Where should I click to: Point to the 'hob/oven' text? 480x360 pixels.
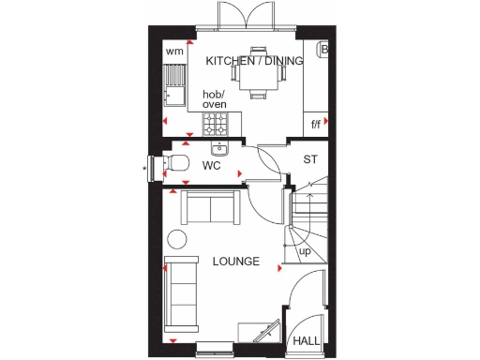click(215, 99)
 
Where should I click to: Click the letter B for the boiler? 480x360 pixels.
click(324, 49)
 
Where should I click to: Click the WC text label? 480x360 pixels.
click(211, 166)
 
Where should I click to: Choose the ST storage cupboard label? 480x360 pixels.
click(309, 158)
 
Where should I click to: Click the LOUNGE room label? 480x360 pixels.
click(235, 261)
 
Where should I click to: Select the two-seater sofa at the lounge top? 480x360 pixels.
click(208, 206)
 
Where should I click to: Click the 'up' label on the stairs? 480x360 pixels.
click(305, 252)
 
